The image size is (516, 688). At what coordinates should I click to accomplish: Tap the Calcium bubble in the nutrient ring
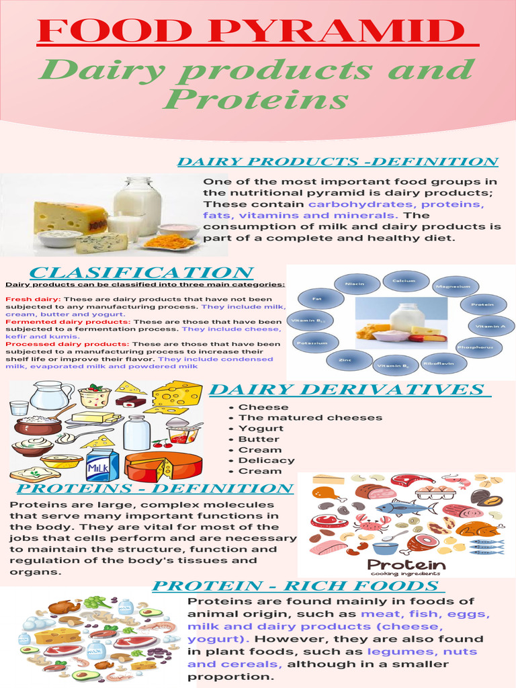[x=404, y=281]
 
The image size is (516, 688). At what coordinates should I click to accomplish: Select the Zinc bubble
[x=345, y=360]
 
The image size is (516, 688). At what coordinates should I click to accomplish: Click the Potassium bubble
[x=311, y=343]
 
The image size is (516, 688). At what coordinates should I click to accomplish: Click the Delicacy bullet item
[x=266, y=460]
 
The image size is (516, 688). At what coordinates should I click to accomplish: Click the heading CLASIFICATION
[x=141, y=273]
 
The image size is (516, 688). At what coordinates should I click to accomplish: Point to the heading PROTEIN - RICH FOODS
[x=295, y=586]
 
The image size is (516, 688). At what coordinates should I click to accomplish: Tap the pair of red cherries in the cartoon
[x=161, y=443]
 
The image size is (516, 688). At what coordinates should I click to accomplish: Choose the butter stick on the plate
[x=94, y=418]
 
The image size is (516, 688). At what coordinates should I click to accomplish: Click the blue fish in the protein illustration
[x=401, y=508]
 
